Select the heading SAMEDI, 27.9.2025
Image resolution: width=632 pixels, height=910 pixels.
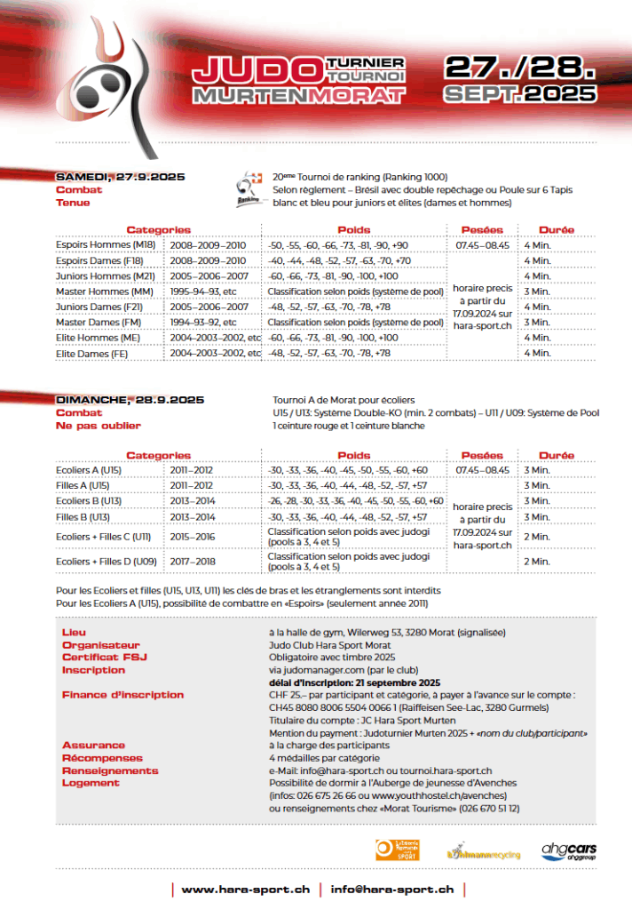120,177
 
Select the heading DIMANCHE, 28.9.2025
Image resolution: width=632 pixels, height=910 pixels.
130,400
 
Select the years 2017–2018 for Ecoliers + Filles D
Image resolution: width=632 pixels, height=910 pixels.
192,562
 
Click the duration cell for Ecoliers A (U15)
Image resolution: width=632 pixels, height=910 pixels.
535,470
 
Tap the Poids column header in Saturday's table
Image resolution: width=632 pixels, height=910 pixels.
354,230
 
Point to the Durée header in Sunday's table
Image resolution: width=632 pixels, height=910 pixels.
556,455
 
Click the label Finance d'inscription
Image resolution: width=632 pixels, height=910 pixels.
122,695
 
